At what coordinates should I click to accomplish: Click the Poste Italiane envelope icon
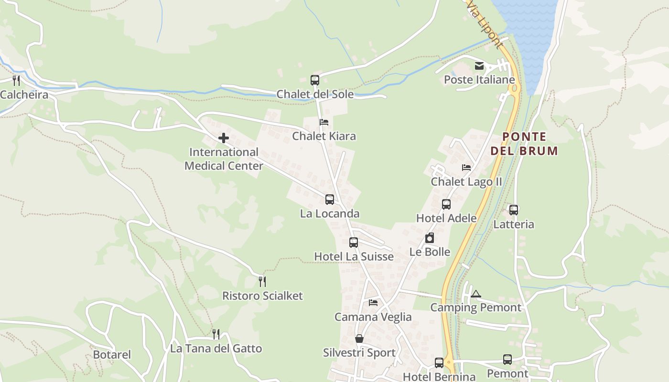coord(479,66)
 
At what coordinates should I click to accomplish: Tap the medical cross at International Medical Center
coord(223,138)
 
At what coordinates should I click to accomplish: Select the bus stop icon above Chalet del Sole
coord(314,80)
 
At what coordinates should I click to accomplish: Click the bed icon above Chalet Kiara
coord(324,122)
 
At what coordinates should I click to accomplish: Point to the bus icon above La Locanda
coord(330,200)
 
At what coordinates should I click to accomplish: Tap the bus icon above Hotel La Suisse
coord(353,243)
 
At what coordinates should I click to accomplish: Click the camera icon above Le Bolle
coord(430,238)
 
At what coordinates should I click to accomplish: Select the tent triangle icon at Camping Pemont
coord(475,294)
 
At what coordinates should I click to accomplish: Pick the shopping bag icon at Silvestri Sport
coord(359,339)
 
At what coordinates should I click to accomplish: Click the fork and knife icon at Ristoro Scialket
coord(262,281)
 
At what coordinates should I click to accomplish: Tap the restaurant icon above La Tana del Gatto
coord(216,334)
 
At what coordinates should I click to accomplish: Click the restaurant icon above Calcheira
coord(16,80)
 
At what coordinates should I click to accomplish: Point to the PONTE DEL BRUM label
coord(524,144)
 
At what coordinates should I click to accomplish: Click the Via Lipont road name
coord(485,24)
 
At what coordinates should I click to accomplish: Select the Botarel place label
coord(112,355)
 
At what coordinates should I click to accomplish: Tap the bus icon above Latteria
coord(514,210)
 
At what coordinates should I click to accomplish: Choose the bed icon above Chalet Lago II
coord(466,168)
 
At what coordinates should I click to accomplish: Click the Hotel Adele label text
coord(446,218)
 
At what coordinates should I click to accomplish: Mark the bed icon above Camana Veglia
coord(373,302)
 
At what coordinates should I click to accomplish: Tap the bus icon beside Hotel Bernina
coord(439,362)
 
